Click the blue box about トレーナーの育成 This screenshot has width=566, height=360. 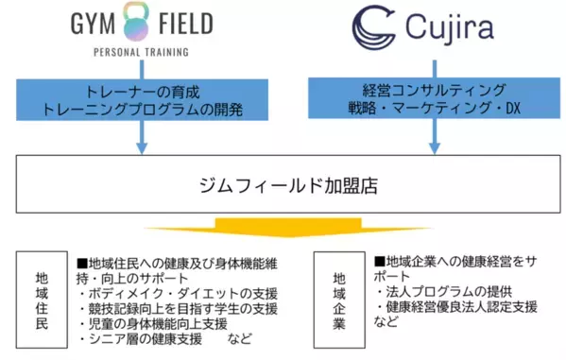141,99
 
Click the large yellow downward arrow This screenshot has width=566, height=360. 284,231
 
